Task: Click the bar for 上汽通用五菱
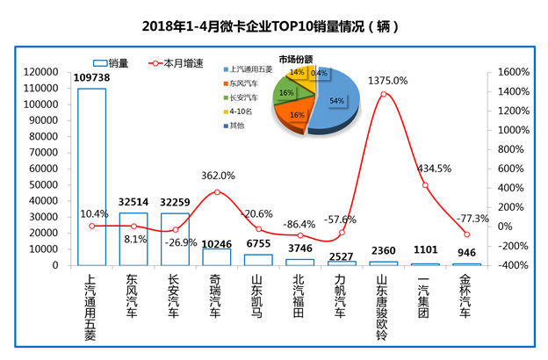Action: (x=91, y=176)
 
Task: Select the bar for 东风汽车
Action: (x=133, y=238)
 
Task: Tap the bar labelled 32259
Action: (x=175, y=238)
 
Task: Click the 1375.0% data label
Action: (x=388, y=80)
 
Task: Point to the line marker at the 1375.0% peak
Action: (x=384, y=94)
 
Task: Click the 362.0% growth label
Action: (x=218, y=176)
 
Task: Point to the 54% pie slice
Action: (x=335, y=101)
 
